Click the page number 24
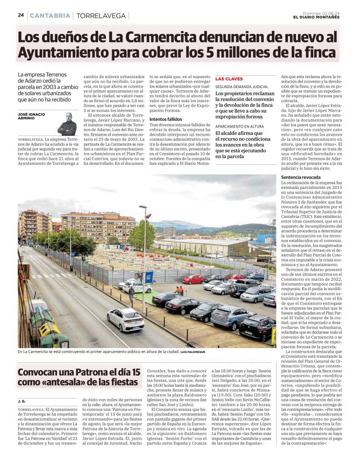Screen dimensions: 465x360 click(x=20, y=15)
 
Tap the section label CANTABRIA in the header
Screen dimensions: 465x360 click(x=49, y=15)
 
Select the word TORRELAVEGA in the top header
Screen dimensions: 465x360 click(x=101, y=16)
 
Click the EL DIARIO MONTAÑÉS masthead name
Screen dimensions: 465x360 click(x=316, y=18)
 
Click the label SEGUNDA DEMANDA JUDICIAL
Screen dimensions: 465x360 click(x=242, y=86)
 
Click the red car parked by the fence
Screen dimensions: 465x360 click(x=192, y=279)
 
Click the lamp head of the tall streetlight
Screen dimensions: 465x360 click(x=143, y=208)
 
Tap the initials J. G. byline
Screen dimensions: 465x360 click(x=22, y=401)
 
